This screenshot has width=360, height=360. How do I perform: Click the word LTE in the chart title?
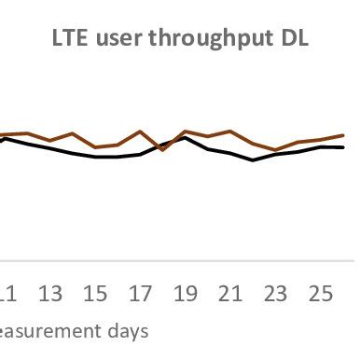(x=64, y=40)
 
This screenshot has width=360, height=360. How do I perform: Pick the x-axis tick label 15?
(x=95, y=295)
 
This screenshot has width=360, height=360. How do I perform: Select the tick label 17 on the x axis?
(x=140, y=295)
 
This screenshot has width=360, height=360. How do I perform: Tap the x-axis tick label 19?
(x=185, y=295)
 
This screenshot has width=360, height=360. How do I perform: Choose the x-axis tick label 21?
(x=230, y=295)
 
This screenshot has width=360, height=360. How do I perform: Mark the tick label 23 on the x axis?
(x=275, y=295)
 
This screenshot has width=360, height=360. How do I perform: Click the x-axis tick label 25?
(x=320, y=295)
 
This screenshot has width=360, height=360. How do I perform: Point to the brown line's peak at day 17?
(x=140, y=132)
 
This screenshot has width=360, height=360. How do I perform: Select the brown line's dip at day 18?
(x=162, y=149)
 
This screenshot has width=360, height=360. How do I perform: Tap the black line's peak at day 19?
(x=185, y=137)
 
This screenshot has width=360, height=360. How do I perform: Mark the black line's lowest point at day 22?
(x=253, y=160)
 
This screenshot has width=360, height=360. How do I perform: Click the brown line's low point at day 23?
(x=275, y=150)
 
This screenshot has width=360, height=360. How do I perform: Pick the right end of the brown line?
(x=343, y=135)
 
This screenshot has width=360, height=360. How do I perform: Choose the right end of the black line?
(x=343, y=147)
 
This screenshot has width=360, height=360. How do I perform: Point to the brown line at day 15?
(x=95, y=147)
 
